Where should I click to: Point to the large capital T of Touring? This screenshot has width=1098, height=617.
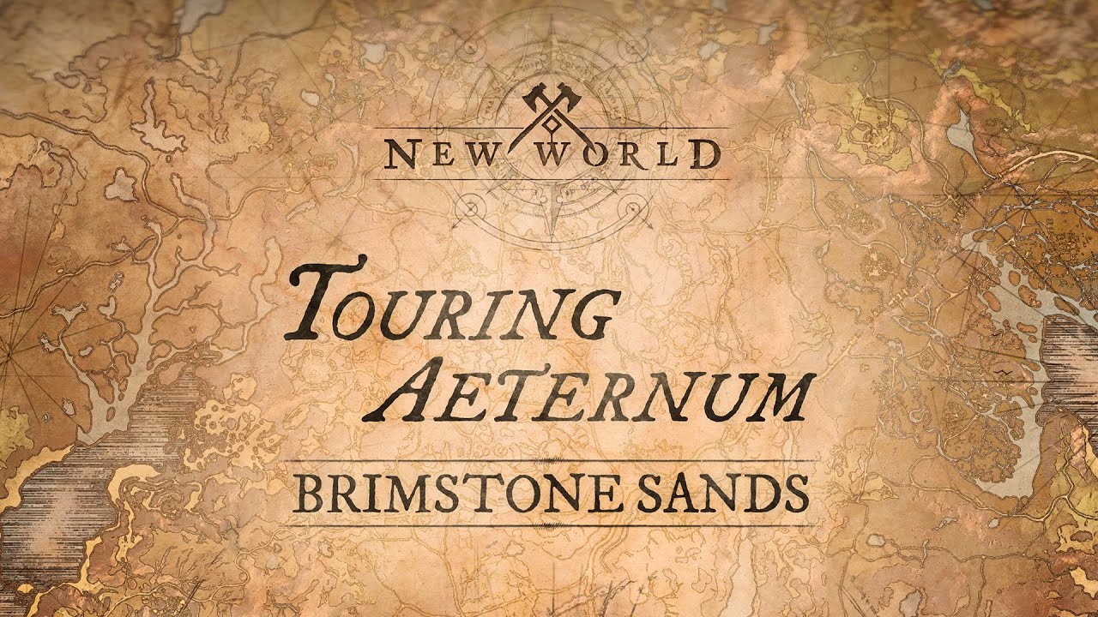pos(322,296)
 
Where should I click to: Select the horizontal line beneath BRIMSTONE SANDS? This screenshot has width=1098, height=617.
pos(549,524)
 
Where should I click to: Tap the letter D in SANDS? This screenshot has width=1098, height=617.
pos(757,493)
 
